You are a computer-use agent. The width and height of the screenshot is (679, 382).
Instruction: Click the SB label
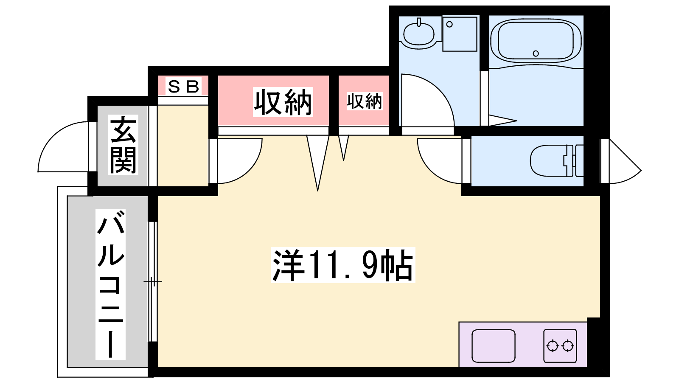[184, 87]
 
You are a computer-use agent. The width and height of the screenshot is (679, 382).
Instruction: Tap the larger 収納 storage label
[283, 102]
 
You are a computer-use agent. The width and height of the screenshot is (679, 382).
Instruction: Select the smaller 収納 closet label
[365, 101]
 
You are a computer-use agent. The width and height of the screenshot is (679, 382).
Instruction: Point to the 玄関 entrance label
[123, 145]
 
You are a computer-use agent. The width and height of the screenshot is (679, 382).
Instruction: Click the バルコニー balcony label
[111, 284]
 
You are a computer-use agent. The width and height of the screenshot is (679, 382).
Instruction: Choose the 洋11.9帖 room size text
[343, 265]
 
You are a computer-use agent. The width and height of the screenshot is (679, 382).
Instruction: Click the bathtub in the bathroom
[536, 42]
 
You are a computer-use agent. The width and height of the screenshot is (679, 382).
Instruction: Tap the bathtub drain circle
[536, 53]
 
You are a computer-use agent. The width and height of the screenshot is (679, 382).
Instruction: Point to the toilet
[556, 161]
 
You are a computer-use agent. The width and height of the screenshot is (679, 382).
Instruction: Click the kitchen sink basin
[494, 346]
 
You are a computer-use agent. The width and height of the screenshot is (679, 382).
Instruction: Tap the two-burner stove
[560, 346]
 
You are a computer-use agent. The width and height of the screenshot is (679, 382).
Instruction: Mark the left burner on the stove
[552, 346]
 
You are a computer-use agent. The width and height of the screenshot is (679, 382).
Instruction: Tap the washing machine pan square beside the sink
[460, 34]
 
